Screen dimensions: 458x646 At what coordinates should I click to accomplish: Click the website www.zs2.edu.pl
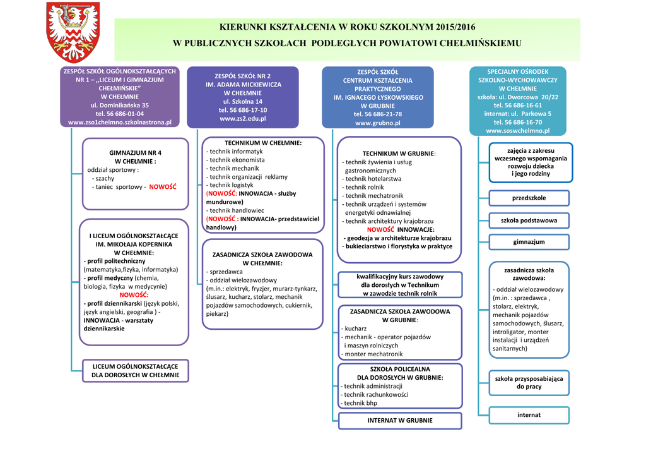243,118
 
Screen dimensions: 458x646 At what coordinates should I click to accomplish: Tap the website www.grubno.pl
377,123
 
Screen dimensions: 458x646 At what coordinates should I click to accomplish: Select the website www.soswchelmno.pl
518,131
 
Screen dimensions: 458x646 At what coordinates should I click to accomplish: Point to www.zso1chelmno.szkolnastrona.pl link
120,122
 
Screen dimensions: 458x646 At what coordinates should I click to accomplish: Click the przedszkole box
529,198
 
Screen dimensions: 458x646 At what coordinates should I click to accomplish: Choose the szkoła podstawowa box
529,220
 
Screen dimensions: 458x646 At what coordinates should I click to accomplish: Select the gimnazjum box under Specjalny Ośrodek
529,242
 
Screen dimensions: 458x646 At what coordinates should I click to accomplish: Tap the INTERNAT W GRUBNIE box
400,420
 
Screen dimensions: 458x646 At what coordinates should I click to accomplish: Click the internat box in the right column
529,415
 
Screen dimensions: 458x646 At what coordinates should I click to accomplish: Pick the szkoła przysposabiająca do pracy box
529,382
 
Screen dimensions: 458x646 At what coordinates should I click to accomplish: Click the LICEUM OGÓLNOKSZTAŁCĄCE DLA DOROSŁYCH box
135,371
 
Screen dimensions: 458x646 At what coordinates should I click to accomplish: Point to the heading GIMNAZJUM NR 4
135,153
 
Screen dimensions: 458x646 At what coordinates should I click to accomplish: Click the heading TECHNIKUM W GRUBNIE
399,154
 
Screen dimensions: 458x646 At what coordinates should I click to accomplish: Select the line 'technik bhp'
360,403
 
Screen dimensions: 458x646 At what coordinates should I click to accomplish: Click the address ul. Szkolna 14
243,101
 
